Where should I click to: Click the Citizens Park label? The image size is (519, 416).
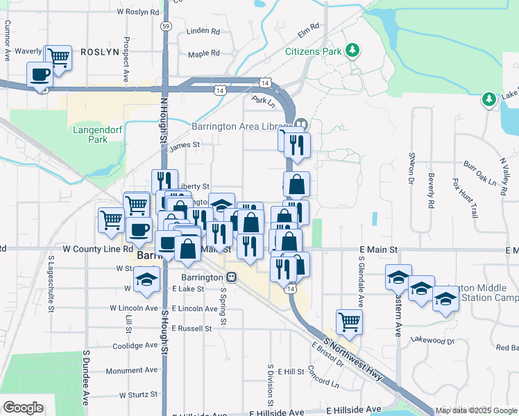(x=314, y=51)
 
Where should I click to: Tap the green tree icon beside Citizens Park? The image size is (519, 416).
(x=353, y=50)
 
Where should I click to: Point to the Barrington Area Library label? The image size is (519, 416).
(x=240, y=126)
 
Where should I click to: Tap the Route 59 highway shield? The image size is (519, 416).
(x=164, y=26)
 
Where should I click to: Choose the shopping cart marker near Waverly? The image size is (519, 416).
(x=58, y=57)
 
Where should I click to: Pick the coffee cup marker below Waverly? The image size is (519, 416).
(x=40, y=74)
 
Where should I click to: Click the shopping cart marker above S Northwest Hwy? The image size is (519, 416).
(x=349, y=320)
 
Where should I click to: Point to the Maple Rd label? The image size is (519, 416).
(x=203, y=53)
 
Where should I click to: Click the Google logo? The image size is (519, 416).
(x=22, y=408)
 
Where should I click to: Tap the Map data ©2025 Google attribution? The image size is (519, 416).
(x=477, y=410)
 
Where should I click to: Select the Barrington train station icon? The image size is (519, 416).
(x=232, y=277)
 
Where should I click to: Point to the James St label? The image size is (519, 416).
(x=185, y=145)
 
